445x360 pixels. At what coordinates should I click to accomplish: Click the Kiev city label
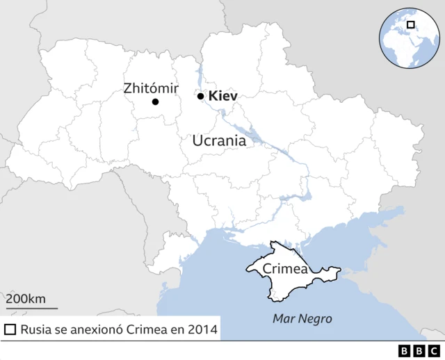click(x=223, y=96)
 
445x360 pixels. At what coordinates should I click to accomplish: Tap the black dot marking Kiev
click(x=200, y=97)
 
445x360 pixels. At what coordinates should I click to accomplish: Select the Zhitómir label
click(x=151, y=88)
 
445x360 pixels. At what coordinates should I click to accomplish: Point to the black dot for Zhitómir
click(x=155, y=102)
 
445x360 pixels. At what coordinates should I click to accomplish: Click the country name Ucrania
click(x=218, y=140)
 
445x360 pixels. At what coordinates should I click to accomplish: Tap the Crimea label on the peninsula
click(x=284, y=269)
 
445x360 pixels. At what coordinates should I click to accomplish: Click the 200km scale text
click(x=26, y=299)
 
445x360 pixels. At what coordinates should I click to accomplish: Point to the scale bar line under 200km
click(x=32, y=308)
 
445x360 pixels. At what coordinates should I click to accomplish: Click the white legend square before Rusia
click(x=10, y=329)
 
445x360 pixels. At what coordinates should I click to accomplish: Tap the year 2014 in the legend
click(x=202, y=329)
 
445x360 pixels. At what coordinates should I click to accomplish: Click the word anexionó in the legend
click(x=97, y=329)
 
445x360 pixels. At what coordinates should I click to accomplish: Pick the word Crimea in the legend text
click(x=147, y=329)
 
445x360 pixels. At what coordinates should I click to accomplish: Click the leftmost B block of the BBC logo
click(x=405, y=350)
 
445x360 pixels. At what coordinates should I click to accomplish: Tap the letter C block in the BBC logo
click(x=434, y=350)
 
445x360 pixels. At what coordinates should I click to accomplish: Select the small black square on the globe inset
click(x=410, y=26)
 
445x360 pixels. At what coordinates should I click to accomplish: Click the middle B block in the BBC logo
click(x=419, y=350)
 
